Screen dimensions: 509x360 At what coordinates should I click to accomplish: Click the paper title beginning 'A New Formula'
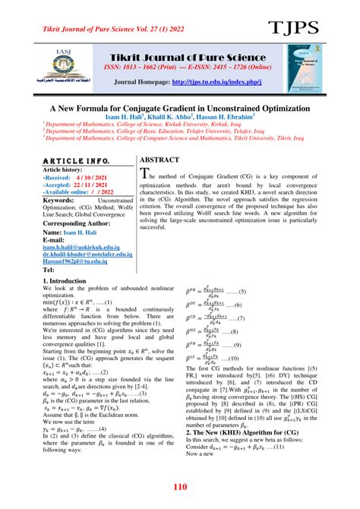pyautogui.click(x=179, y=109)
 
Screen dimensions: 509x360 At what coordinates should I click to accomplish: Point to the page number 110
pyautogui.click(x=180, y=486)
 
